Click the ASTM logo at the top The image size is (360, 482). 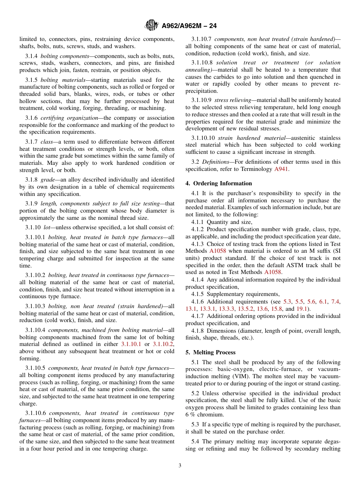coord(152,26)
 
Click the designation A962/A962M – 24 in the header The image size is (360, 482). coord(189,26)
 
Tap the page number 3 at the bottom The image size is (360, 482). coord(180,466)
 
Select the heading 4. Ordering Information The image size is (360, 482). coord(219,183)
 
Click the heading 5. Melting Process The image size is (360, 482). coord(210,352)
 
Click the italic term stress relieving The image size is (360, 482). coord(233,100)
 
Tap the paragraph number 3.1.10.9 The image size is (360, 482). coord(202,100)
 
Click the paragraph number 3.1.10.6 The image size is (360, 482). coord(36,413)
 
